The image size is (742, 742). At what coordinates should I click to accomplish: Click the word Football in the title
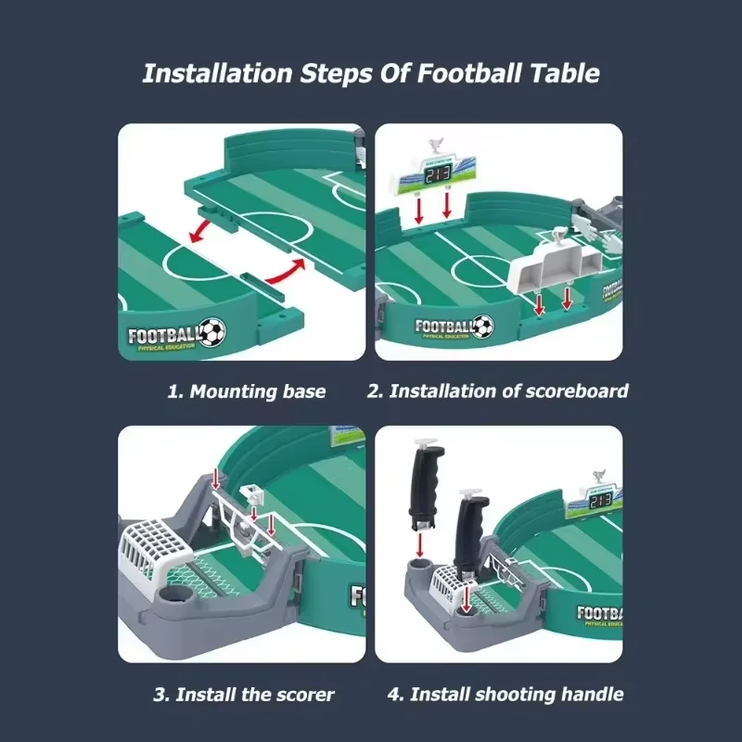(x=472, y=74)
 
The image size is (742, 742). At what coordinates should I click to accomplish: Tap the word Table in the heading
(x=567, y=74)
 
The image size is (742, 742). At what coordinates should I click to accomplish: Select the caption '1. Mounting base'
(x=246, y=391)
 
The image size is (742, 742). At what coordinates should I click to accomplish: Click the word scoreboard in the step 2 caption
(x=574, y=391)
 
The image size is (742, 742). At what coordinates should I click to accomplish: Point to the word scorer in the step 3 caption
(x=306, y=694)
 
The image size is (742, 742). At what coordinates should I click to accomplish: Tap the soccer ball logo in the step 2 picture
(x=482, y=326)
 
